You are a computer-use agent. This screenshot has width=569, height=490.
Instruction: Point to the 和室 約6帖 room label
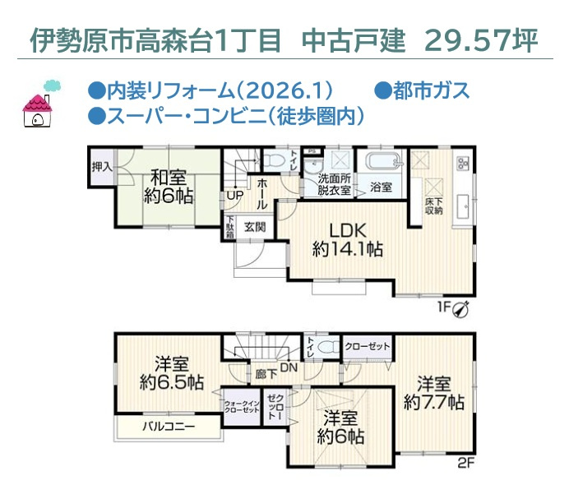click(x=168, y=186)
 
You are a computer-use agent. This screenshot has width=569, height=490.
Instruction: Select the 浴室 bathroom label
click(x=381, y=187)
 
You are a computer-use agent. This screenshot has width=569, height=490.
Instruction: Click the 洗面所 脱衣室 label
click(x=335, y=184)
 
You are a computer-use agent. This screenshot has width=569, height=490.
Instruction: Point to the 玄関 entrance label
click(x=254, y=227)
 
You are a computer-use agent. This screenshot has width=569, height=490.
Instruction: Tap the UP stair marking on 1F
click(x=234, y=196)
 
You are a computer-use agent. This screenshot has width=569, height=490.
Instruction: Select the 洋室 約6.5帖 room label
click(x=172, y=372)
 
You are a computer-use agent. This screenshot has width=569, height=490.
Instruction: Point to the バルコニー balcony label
click(x=168, y=427)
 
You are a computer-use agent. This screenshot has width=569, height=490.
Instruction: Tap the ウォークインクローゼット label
click(x=242, y=406)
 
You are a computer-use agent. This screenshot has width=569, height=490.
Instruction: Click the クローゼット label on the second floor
click(x=368, y=346)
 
